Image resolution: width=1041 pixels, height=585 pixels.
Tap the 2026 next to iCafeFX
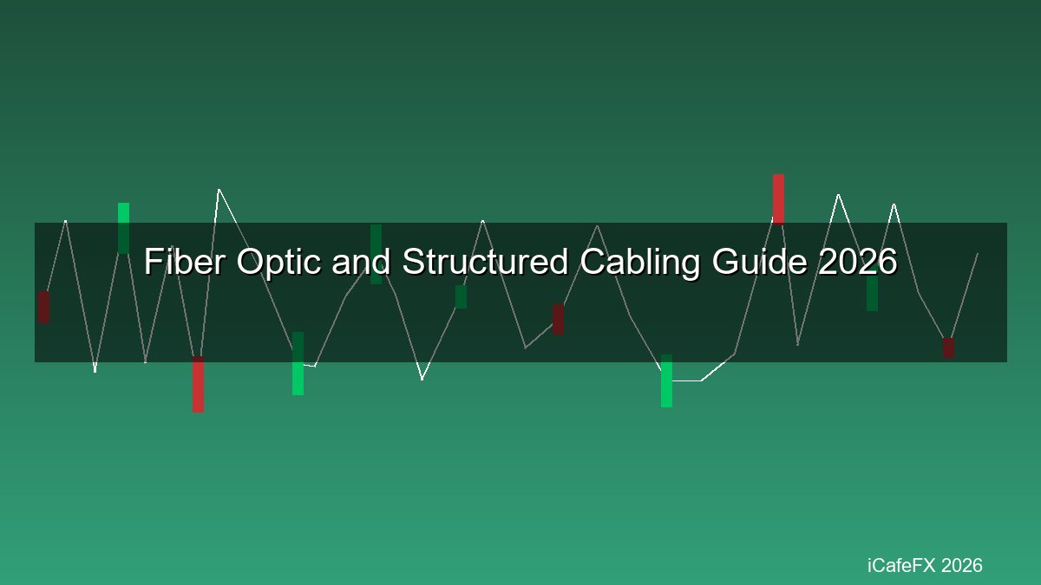point(962,566)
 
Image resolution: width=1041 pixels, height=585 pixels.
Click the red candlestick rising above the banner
point(778,198)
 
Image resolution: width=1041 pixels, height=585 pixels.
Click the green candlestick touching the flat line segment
point(666,380)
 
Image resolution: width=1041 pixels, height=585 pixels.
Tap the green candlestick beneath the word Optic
point(298,363)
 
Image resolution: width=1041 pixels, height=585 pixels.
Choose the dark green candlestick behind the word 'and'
point(376,254)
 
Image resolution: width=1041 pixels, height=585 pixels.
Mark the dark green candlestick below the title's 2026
point(872,293)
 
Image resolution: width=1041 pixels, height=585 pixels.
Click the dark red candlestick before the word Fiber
point(43,307)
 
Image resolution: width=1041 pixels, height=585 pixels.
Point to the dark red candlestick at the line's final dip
point(948,348)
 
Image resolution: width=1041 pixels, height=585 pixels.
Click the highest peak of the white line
point(219,190)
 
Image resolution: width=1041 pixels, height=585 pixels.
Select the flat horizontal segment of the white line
point(686,380)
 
